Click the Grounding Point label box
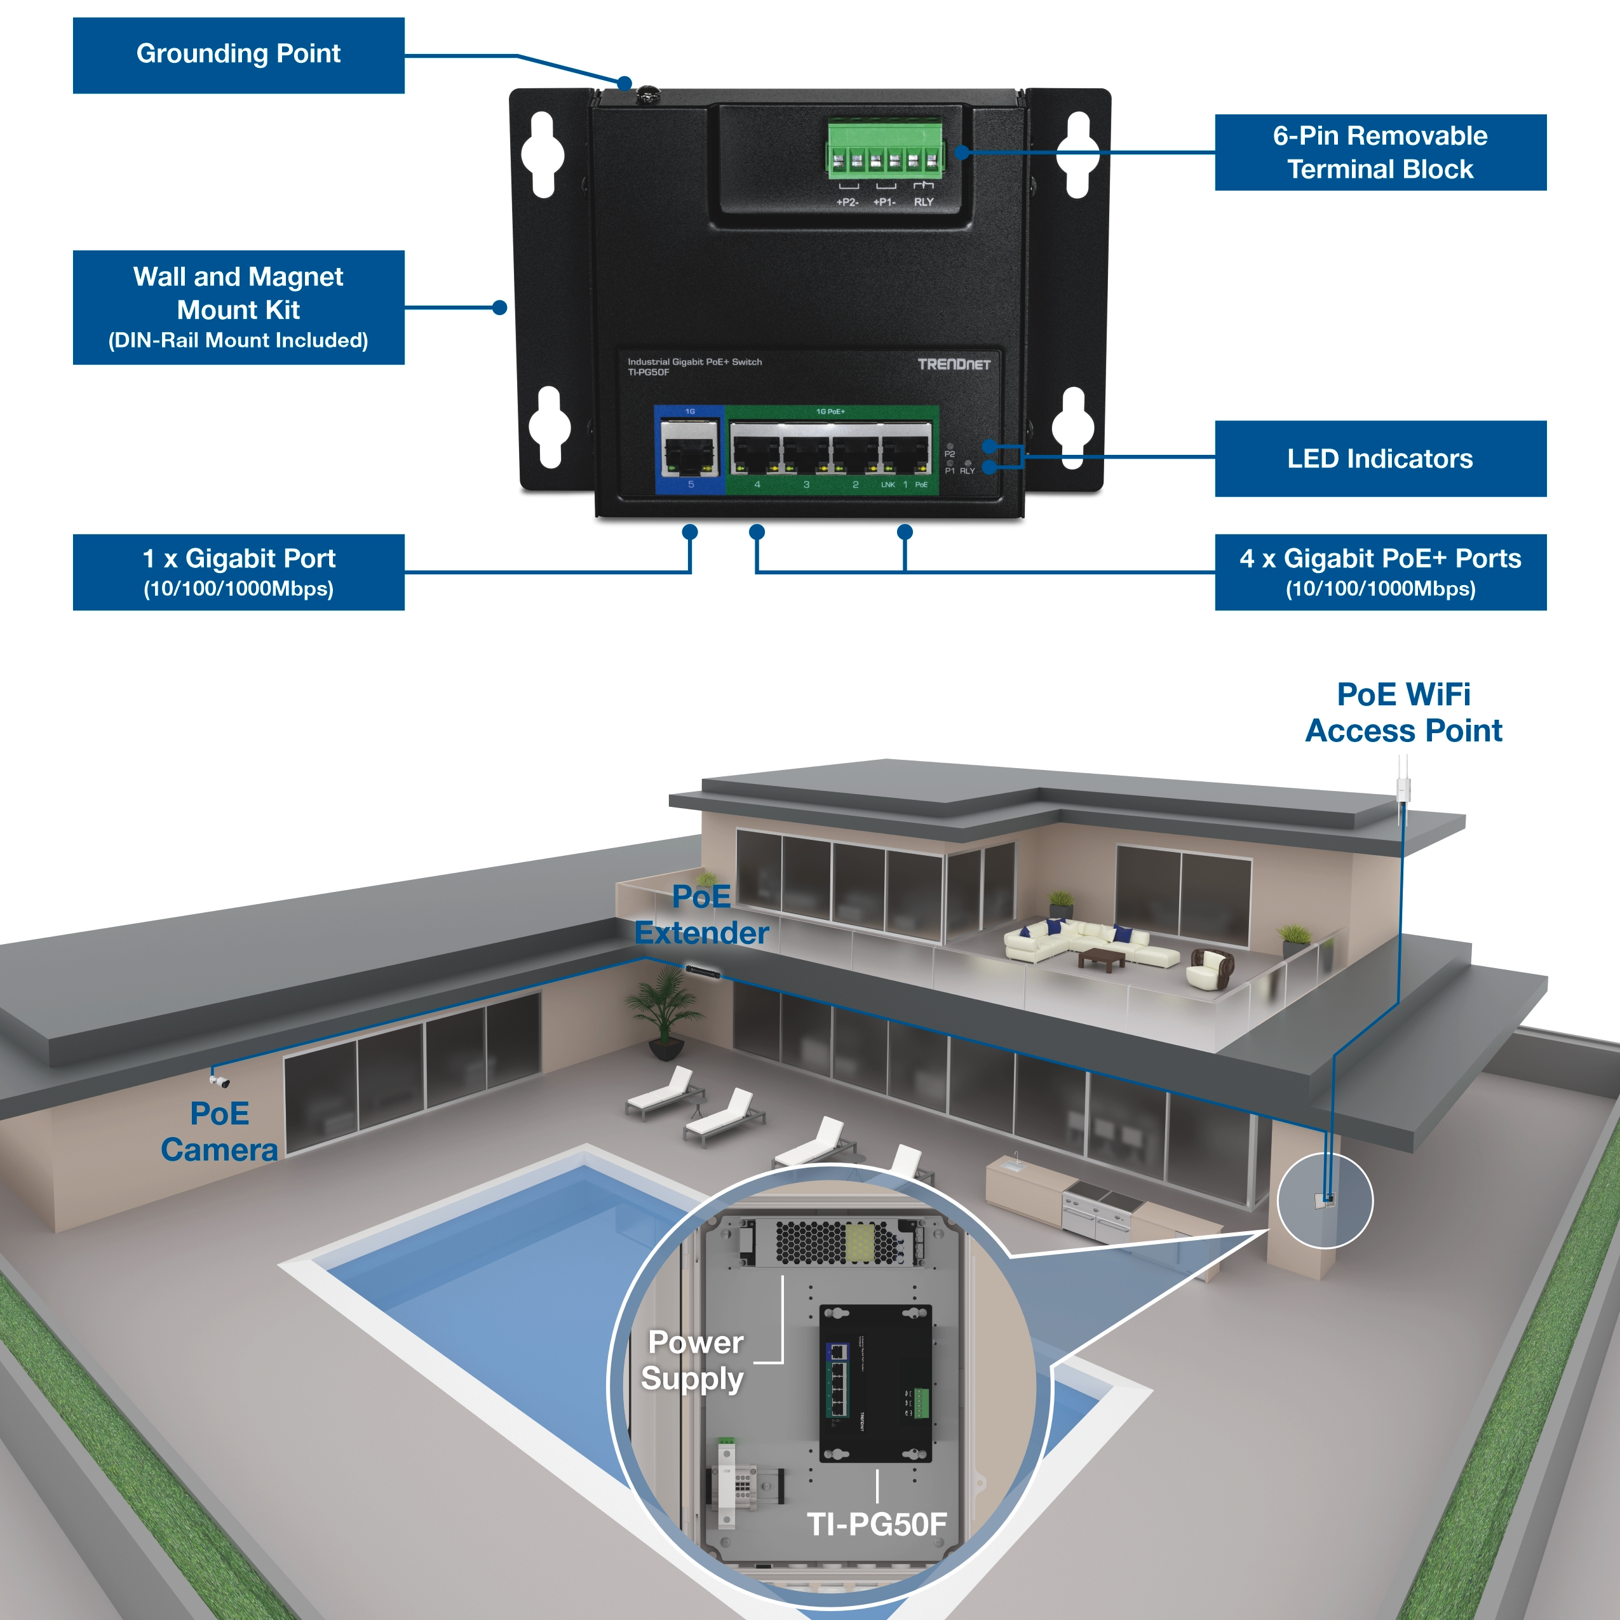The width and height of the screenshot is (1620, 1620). point(238,55)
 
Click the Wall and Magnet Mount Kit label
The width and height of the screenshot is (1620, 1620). point(238,307)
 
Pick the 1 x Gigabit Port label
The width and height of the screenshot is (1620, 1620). point(238,572)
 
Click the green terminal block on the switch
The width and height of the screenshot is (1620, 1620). point(884,151)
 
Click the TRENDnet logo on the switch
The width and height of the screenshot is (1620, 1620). point(954,364)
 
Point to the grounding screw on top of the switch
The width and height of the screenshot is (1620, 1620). point(647,95)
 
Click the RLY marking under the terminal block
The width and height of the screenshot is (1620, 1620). point(923,202)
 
